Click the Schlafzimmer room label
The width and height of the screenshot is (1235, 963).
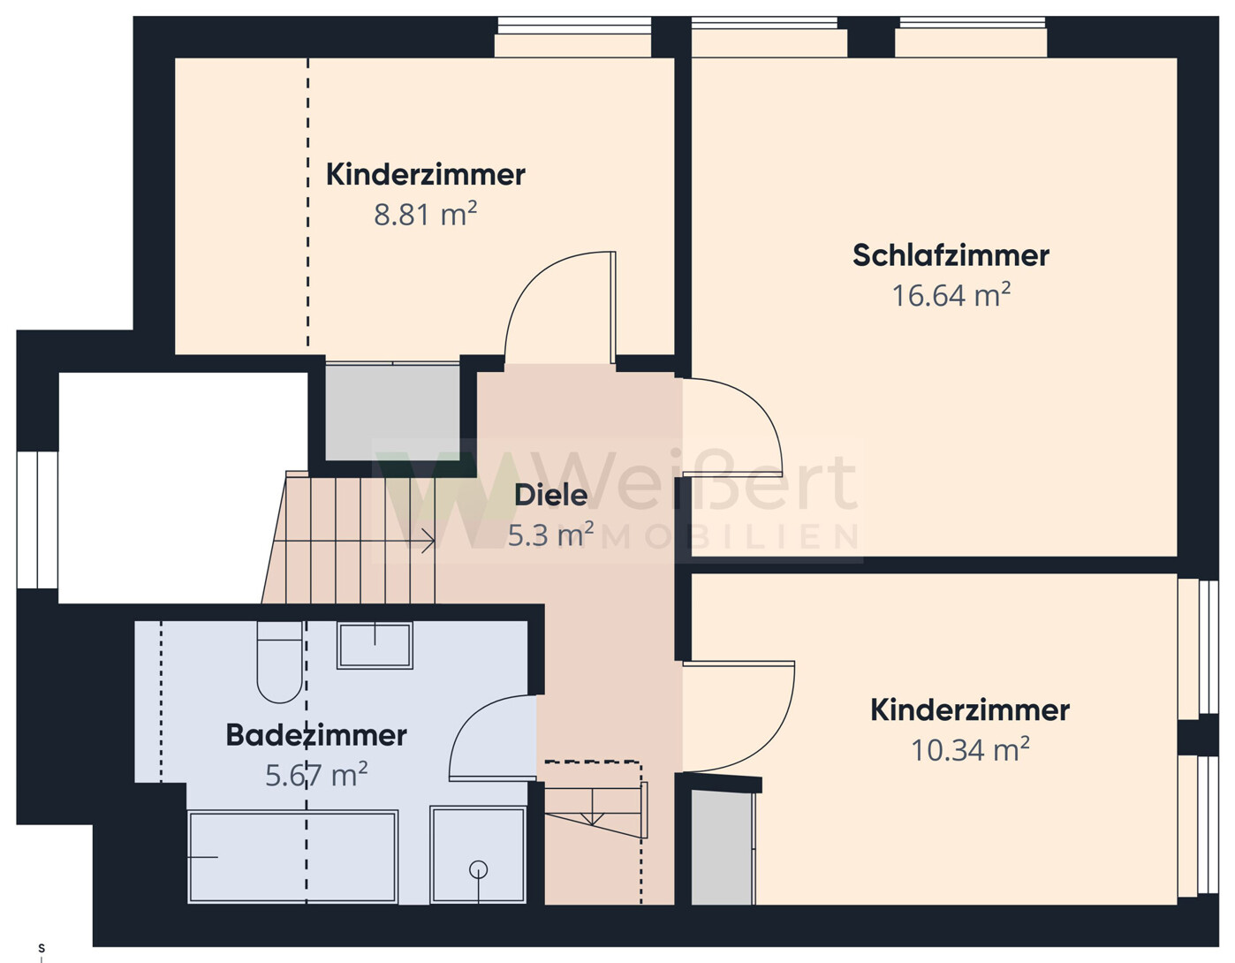(x=951, y=255)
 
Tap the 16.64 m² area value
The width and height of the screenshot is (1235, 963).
(x=951, y=295)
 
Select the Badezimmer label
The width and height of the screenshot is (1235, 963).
(x=316, y=735)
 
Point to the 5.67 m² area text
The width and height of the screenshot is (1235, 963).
(x=316, y=776)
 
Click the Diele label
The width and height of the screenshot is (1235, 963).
(x=550, y=495)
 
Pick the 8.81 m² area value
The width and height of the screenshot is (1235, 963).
(x=425, y=215)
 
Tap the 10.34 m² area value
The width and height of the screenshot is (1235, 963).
(x=970, y=750)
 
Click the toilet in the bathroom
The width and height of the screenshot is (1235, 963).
(x=279, y=663)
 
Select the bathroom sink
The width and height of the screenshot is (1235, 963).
(x=375, y=645)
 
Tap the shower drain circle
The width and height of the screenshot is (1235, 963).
(x=479, y=870)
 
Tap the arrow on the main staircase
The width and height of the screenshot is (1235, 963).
(x=428, y=541)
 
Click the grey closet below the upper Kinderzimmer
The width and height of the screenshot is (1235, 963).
(x=392, y=412)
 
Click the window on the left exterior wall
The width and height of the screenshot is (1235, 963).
(x=37, y=519)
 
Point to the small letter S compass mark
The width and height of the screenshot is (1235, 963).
(x=41, y=948)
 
